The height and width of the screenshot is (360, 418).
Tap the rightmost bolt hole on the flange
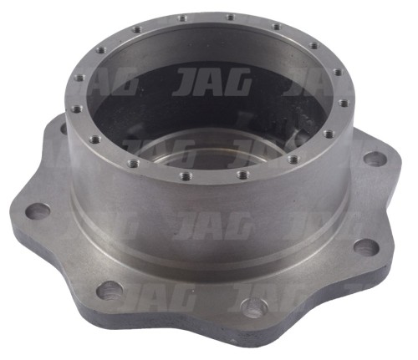pyautogui.click(x=375, y=159)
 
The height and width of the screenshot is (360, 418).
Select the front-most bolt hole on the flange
pyautogui.click(x=254, y=307)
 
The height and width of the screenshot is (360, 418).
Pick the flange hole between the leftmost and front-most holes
pyautogui.click(x=110, y=291)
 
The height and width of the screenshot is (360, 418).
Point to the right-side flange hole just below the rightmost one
pyautogui.click(x=366, y=246)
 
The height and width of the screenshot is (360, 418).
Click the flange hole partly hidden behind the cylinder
pyautogui.click(x=64, y=128)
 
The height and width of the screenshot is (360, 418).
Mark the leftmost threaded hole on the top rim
pyautogui.click(x=75, y=108)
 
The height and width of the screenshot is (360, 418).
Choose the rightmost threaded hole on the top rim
pyautogui.click(x=344, y=104)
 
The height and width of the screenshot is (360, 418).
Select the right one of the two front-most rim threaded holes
pyautogui.click(x=243, y=175)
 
